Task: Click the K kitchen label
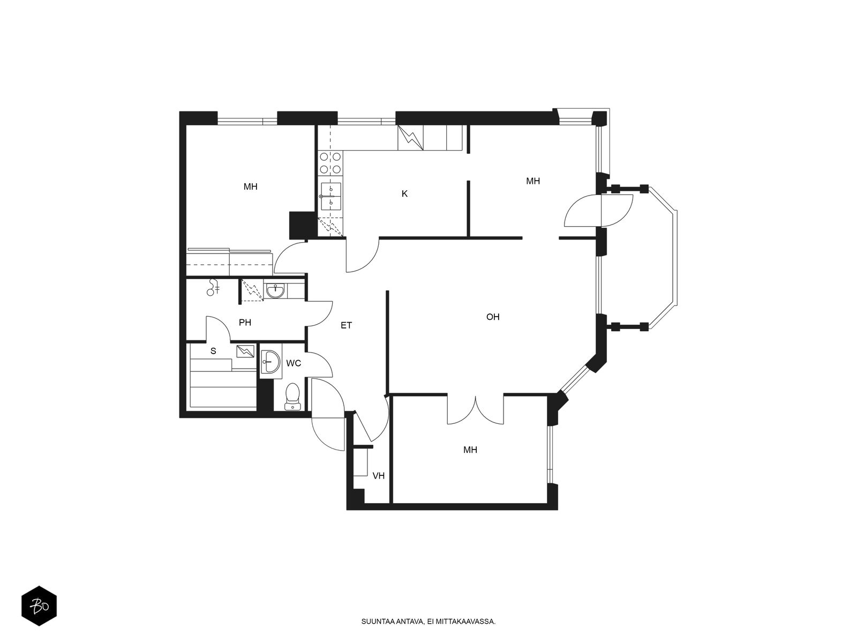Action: point(404,193)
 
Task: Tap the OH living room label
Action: point(493,317)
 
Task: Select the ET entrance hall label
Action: point(347,325)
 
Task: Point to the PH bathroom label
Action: point(245,323)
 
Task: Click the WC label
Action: point(294,363)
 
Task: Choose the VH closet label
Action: point(378,475)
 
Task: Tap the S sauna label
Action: point(213,351)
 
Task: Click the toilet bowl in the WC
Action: point(292,397)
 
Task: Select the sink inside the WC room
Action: point(270,362)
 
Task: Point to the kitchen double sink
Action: point(330,196)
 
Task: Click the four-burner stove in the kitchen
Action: point(330,163)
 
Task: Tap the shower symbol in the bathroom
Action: point(213,287)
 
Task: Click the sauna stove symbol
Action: point(245,352)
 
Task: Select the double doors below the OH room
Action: point(475,410)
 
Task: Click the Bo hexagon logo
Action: point(39,606)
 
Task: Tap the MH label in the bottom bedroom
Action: point(470,450)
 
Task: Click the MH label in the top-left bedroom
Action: point(250,186)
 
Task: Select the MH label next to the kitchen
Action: point(533,181)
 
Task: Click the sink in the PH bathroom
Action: point(276,291)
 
